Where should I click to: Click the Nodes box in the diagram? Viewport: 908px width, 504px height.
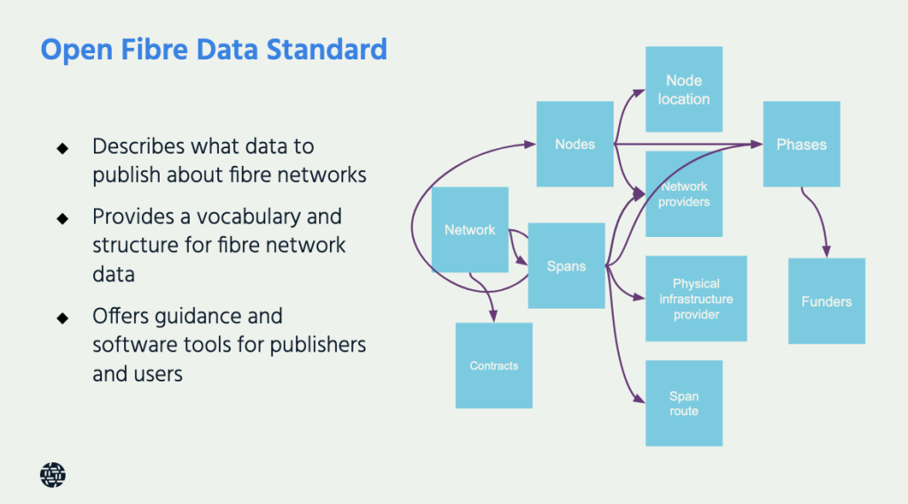(575, 144)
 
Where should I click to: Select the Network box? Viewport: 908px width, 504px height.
(470, 230)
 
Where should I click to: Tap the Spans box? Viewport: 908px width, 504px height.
(566, 265)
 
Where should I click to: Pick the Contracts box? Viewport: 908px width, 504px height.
(494, 366)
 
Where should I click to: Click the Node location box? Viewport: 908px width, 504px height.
(684, 90)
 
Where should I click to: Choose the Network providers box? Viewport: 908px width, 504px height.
(684, 194)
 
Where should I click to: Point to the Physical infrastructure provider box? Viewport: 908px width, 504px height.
(696, 299)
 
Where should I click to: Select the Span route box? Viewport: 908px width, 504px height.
(684, 404)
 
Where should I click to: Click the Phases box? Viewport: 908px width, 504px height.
(802, 144)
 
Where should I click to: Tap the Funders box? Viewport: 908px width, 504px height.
(826, 302)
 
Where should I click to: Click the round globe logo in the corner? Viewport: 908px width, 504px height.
(53, 476)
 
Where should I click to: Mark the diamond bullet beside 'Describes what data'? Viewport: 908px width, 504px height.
(62, 147)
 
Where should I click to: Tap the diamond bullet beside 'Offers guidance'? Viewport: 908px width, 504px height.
(62, 317)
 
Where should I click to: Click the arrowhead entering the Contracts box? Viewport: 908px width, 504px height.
(494, 318)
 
